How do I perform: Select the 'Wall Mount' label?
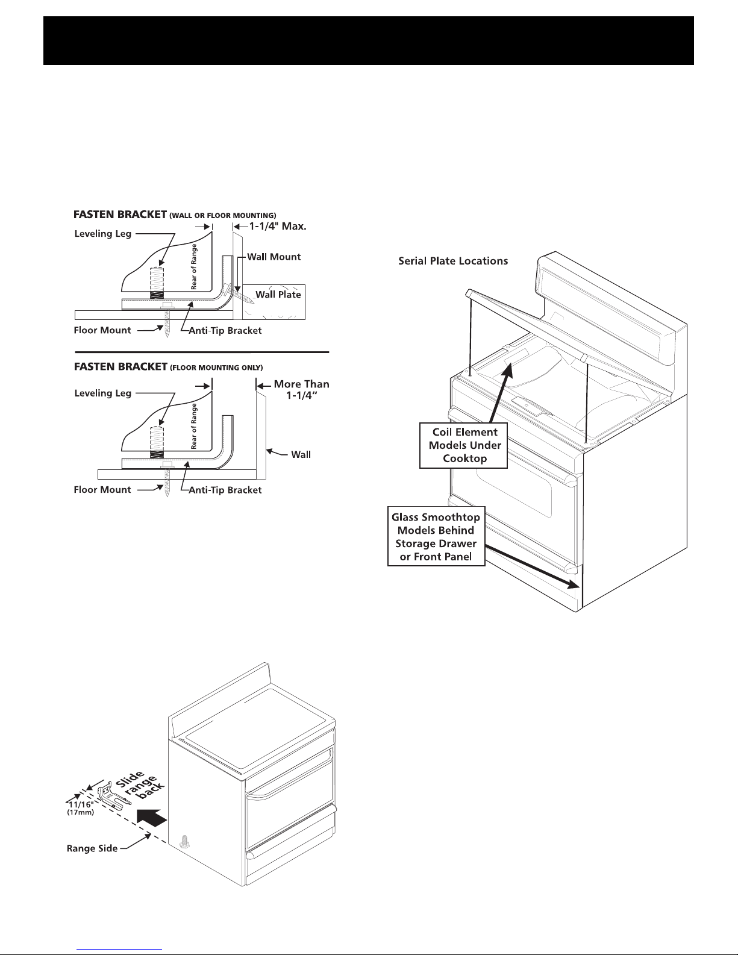click(274, 257)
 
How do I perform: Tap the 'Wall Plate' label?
click(278, 294)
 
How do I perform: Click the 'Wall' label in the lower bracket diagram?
click(301, 454)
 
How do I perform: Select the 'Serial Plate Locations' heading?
click(453, 261)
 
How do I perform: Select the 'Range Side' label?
click(92, 848)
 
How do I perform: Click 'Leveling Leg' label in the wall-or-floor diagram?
click(102, 233)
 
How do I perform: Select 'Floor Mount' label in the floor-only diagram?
click(102, 489)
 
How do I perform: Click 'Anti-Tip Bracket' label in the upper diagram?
click(225, 330)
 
